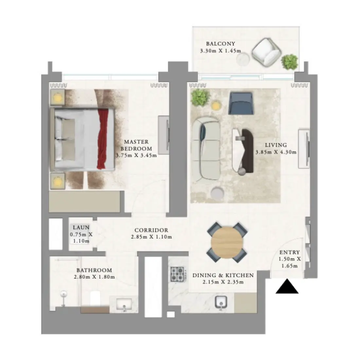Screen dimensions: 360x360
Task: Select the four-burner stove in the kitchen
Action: tap(177, 274)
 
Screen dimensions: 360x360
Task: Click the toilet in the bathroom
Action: tap(95, 298)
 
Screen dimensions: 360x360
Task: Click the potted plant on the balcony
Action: tap(289, 62)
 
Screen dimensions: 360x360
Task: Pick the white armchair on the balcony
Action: tap(267, 52)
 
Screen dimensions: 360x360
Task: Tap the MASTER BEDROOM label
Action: tap(136, 145)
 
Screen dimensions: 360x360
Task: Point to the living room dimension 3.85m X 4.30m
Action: tap(276, 152)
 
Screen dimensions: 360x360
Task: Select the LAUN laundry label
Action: tap(81, 227)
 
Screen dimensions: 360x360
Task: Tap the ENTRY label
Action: tap(289, 252)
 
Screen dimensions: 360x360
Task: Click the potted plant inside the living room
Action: tap(200, 97)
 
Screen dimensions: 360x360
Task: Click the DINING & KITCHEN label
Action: tap(223, 276)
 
